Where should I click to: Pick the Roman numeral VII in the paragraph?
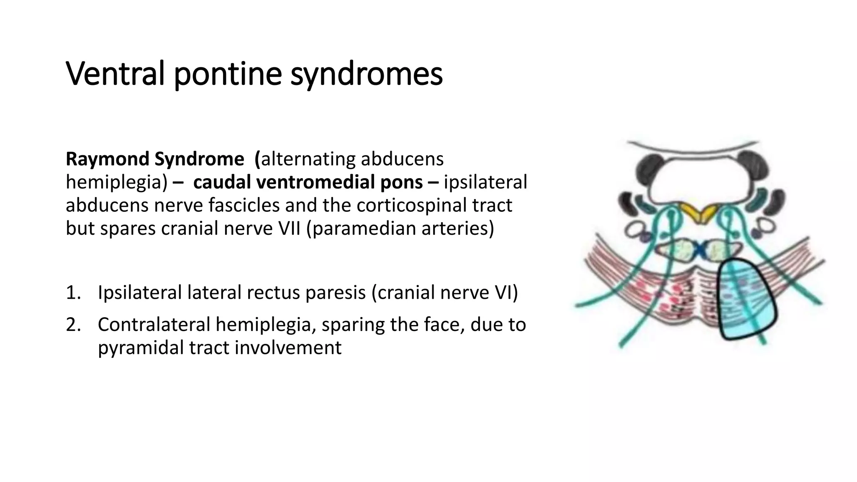point(289,228)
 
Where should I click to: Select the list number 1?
point(73,292)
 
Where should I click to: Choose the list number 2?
point(73,324)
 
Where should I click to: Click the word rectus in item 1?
point(275,292)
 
